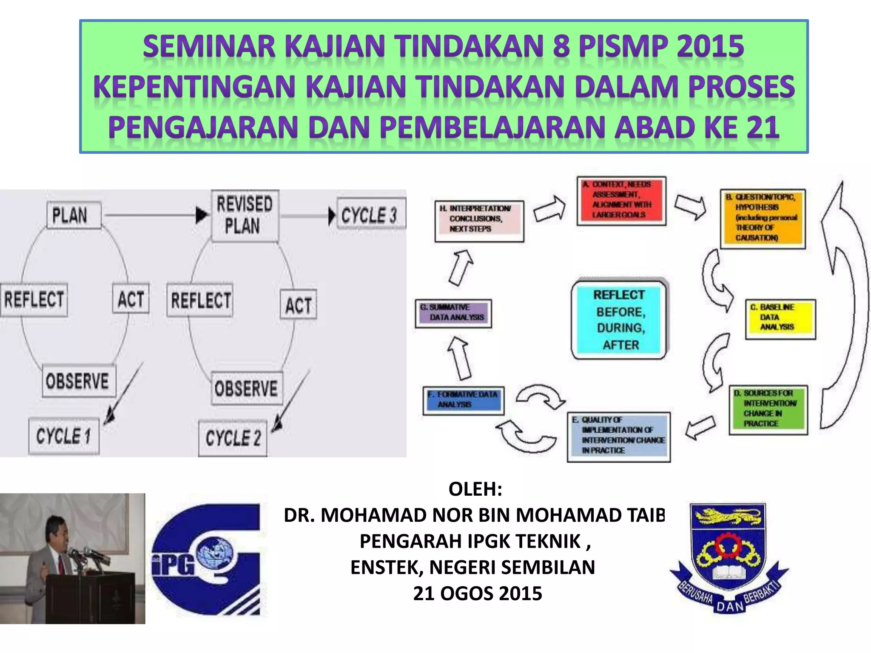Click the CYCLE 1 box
(64, 436)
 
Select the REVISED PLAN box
(245, 216)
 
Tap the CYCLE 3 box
(370, 215)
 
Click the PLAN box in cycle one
(73, 215)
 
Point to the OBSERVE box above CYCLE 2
(246, 388)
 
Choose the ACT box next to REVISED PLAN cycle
(298, 304)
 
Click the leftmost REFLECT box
(34, 299)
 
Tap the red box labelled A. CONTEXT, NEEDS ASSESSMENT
(621, 200)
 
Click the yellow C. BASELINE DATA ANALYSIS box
(780, 318)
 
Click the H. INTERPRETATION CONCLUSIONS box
(479, 220)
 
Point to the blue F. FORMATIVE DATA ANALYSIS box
(464, 400)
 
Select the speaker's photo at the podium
(72, 558)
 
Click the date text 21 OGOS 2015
(477, 593)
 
